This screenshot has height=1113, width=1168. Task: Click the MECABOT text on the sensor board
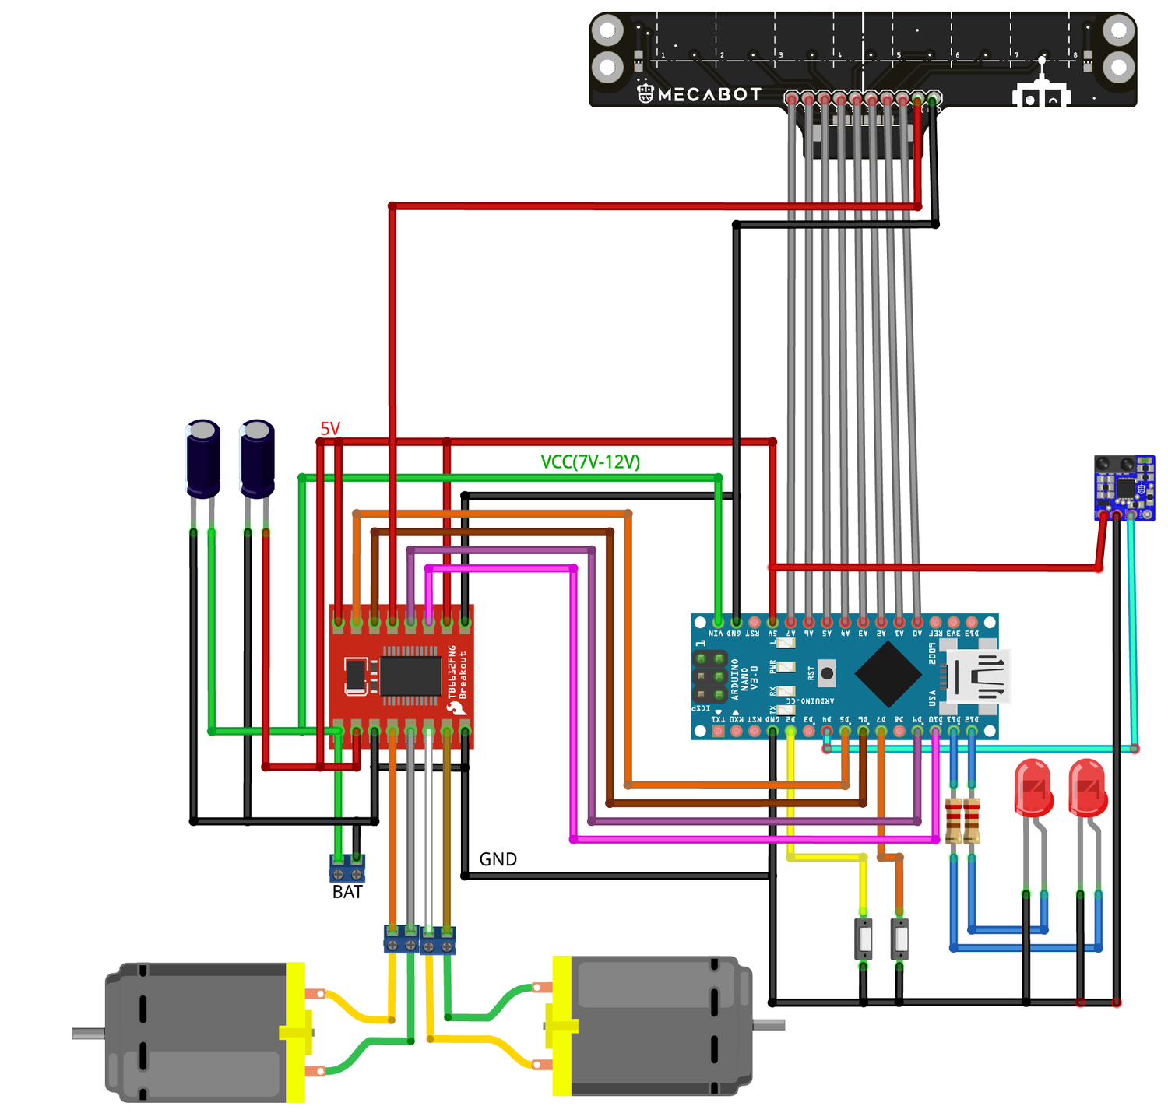709,94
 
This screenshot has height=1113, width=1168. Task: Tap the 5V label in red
330,429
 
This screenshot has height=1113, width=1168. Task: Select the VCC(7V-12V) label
590,462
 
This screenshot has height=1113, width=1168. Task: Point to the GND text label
498,859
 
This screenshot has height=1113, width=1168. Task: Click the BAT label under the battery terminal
347,892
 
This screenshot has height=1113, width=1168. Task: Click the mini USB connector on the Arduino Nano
976,676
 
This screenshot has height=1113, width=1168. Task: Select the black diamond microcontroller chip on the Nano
888,675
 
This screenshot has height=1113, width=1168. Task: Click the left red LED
1033,788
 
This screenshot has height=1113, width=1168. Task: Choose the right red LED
1087,788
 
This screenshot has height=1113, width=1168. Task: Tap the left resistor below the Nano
953,821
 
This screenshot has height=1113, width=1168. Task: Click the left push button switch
864,939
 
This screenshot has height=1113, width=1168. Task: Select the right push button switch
899,939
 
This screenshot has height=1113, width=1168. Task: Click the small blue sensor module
1124,487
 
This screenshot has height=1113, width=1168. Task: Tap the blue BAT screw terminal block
347,868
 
